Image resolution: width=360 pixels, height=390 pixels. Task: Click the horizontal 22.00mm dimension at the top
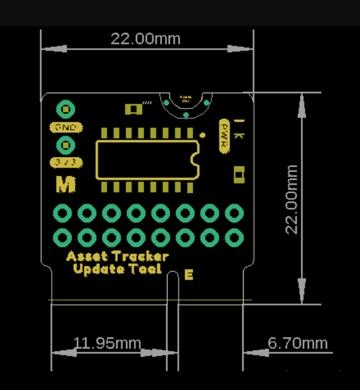coord(145,39)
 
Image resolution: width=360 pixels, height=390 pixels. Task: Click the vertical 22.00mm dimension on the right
coord(292,199)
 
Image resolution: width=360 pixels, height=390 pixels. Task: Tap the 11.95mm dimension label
coord(107,343)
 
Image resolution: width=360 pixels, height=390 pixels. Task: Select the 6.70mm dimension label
coord(297,343)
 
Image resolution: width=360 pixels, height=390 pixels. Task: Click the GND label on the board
coord(65,128)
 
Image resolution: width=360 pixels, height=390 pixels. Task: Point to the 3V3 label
coord(65,163)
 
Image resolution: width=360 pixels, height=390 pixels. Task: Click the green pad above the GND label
coord(65,110)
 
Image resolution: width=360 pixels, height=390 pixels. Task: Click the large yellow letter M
coord(65,183)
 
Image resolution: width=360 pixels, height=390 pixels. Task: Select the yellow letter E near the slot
coord(189,275)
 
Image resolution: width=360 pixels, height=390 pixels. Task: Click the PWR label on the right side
coord(224,135)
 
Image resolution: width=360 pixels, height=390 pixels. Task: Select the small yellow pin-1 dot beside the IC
coord(202,134)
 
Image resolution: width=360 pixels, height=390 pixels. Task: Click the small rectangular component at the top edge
coord(133,109)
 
